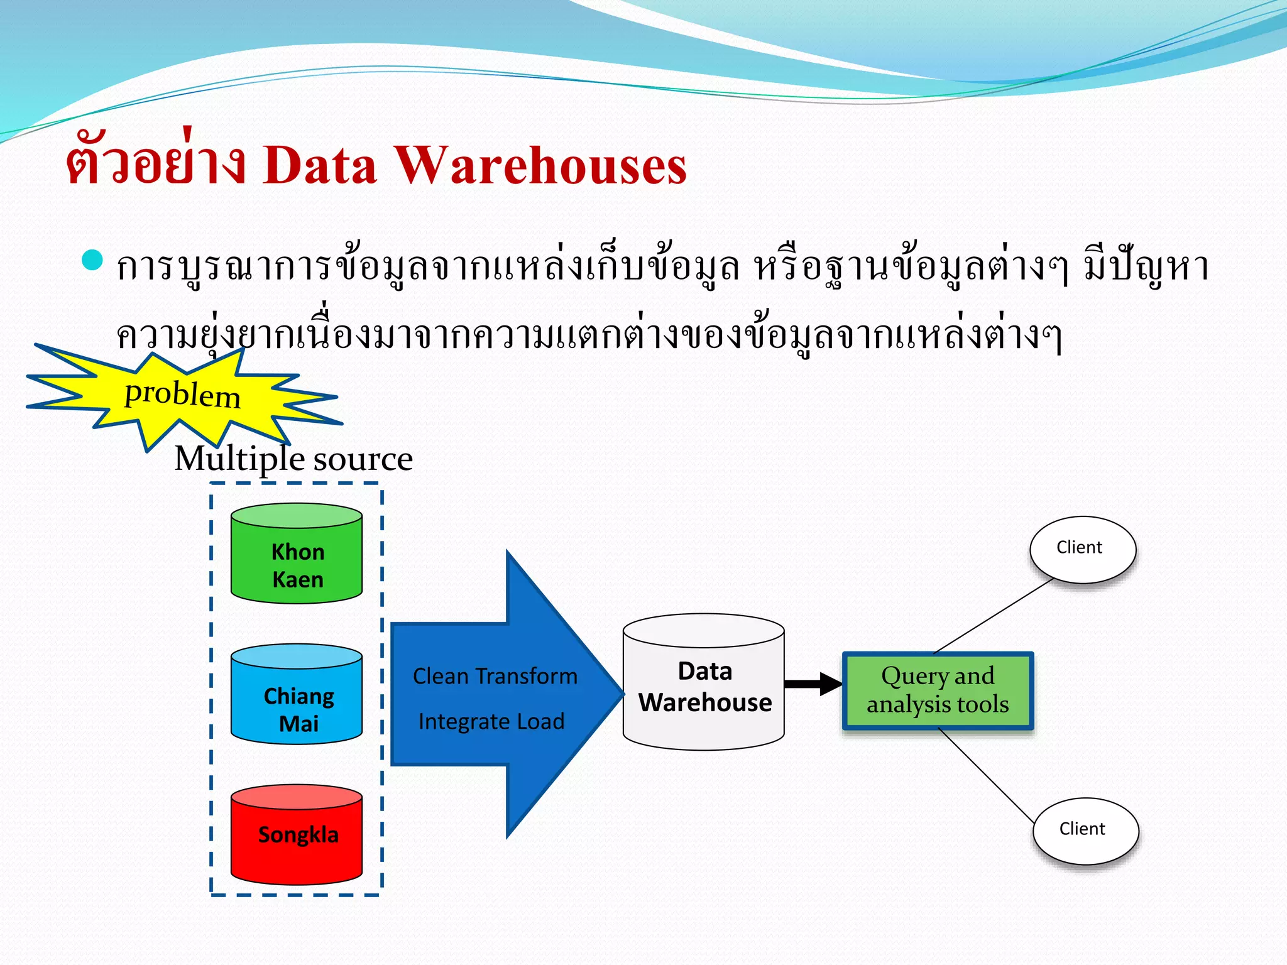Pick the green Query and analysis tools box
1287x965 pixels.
pyautogui.click(x=938, y=690)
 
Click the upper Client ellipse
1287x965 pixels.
pyautogui.click(x=1082, y=548)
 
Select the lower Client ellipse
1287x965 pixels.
pyautogui.click(x=1085, y=830)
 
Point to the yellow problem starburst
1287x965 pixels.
pyautogui.click(x=182, y=395)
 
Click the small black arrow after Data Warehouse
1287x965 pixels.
pyautogui.click(x=813, y=684)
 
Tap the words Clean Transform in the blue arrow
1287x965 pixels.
pyautogui.click(x=495, y=677)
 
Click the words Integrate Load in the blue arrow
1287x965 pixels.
pyautogui.click(x=491, y=721)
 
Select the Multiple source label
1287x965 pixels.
pyautogui.click(x=293, y=459)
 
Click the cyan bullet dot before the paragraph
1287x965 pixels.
pyautogui.click(x=92, y=260)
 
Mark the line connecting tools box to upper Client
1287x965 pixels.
pyautogui.click(x=993, y=616)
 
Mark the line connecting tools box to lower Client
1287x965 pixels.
pyautogui.click(x=987, y=777)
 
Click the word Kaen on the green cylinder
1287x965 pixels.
pyautogui.click(x=298, y=579)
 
